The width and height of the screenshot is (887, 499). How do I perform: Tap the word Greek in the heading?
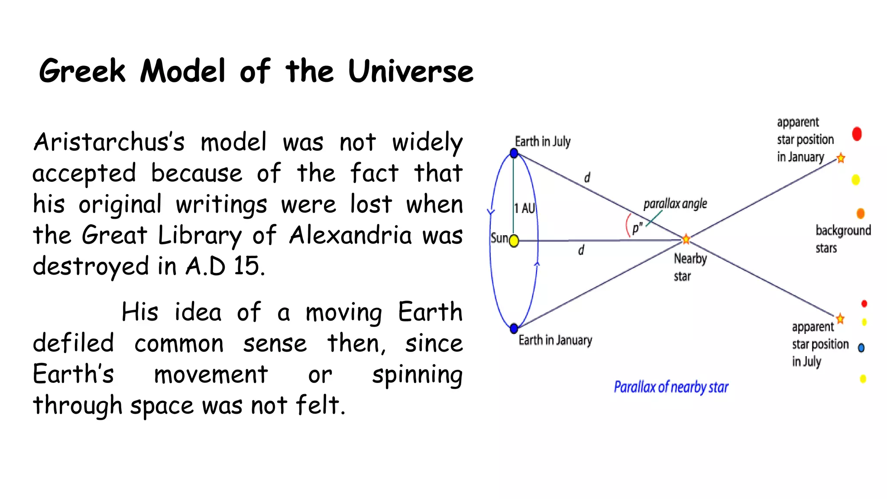(82, 71)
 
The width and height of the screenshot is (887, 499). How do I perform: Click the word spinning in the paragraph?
(417, 375)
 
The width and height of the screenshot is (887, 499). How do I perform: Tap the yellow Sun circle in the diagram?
(514, 241)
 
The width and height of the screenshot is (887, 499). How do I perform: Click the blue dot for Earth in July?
(514, 153)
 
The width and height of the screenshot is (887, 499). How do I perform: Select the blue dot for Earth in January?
(514, 328)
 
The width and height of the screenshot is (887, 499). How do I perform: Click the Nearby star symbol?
(686, 239)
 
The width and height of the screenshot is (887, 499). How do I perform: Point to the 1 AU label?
(524, 208)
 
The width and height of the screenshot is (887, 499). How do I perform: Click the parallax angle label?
(675, 204)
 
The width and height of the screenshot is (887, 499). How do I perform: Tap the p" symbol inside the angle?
(637, 228)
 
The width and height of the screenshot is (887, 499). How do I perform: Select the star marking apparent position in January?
(841, 158)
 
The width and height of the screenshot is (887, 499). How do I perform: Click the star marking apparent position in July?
(840, 319)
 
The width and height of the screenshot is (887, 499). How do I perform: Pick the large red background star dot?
(857, 134)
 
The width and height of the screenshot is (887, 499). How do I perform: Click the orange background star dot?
(861, 213)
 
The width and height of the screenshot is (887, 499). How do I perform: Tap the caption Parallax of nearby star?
(671, 387)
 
